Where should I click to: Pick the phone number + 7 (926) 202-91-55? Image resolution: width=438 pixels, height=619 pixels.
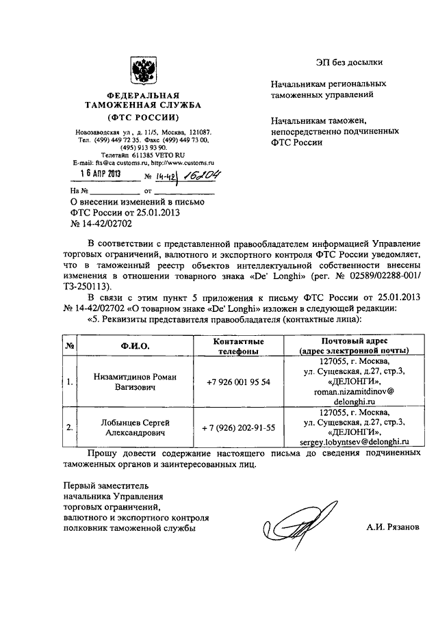pos(238,427)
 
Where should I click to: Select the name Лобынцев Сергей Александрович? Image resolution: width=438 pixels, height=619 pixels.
pos(133,427)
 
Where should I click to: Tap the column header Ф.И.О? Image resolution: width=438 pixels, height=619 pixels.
pos(133,346)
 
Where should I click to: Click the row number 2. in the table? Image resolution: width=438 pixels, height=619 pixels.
pos(70,427)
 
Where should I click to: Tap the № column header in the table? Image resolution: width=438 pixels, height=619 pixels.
pos(70,346)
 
